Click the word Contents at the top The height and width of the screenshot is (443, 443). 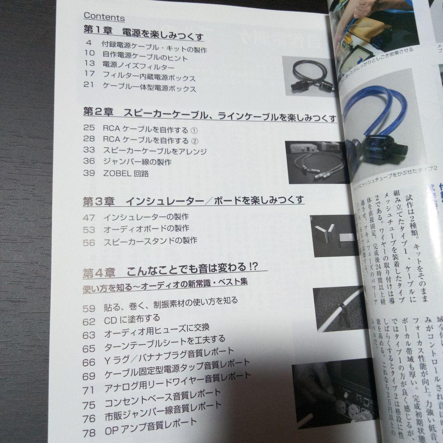click(104, 17)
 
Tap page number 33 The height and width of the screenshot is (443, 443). click(89, 151)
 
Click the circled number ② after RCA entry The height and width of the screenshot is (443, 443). click(194, 141)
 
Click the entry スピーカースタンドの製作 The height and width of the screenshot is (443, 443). click(150, 241)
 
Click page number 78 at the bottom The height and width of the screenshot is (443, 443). click(89, 432)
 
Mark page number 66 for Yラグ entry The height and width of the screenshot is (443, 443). click(89, 363)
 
